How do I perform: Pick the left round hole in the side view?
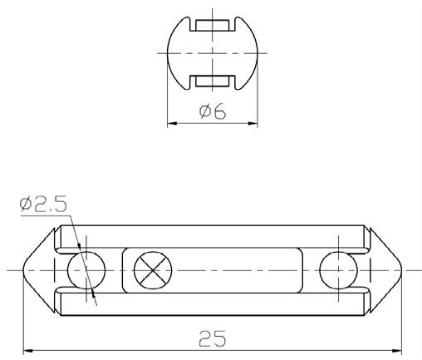[86, 269]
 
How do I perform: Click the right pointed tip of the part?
[401, 269]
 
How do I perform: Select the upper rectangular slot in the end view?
[212, 24]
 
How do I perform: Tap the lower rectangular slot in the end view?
[212, 81]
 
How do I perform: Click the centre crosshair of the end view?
[212, 52]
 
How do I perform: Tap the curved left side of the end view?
[169, 52]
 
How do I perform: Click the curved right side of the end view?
[255, 52]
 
